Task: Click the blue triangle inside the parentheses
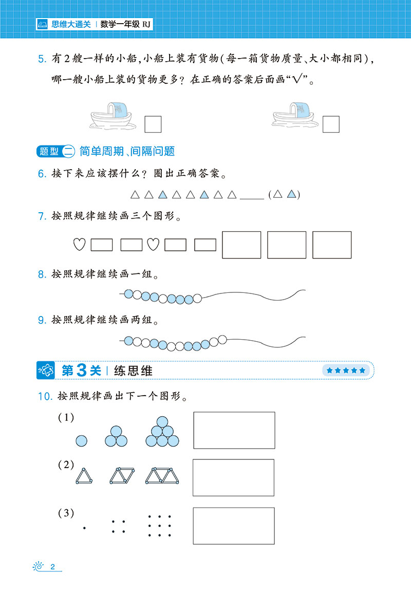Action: (291, 194)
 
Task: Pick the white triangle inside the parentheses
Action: (277, 194)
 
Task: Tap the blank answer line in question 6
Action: (252, 198)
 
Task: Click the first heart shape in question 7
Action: (79, 244)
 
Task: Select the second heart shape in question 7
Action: (153, 244)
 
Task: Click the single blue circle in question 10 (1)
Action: (82, 441)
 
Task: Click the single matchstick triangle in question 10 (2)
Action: (84, 476)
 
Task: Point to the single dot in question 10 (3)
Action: (84, 528)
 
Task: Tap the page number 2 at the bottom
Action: (52, 567)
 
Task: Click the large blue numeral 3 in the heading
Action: (82, 371)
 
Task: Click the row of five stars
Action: (346, 371)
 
